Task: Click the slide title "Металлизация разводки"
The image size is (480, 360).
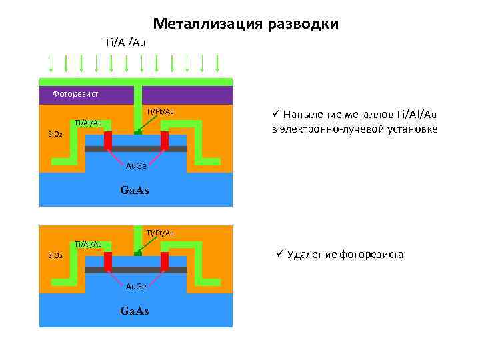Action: [245, 25]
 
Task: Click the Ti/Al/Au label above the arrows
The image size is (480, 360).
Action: [125, 43]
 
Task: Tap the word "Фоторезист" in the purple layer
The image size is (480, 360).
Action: [75, 94]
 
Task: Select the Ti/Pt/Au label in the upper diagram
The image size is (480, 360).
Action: [160, 111]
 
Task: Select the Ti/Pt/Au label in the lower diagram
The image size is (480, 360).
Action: [160, 232]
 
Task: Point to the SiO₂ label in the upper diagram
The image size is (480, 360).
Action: [55, 133]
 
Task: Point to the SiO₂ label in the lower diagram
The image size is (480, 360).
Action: [55, 255]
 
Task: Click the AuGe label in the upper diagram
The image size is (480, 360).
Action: [136, 165]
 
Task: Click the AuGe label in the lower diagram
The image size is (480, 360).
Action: [136, 286]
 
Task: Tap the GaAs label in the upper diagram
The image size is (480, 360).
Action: [134, 190]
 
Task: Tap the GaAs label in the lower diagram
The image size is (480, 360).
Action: [134, 311]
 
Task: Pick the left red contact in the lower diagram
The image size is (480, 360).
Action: [107, 261]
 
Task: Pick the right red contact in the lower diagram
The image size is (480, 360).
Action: [165, 261]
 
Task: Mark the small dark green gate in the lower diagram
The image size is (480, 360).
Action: [137, 254]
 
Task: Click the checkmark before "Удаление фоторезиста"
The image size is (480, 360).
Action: [281, 253]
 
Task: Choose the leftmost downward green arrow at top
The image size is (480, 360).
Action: [51, 63]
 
